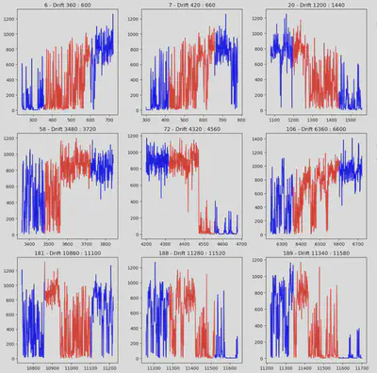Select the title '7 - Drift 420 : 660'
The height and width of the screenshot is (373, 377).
pos(192,6)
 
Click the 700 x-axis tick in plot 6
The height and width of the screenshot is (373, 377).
pos(107,121)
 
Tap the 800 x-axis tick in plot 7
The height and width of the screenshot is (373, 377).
pos(239,121)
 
